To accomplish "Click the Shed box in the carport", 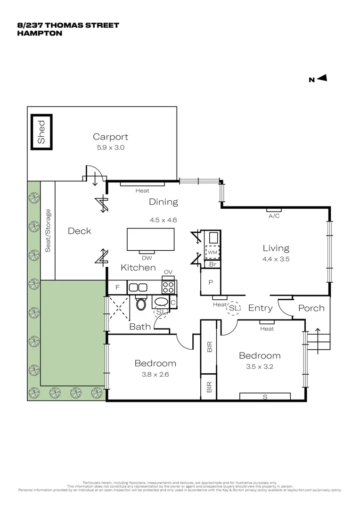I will coord(41,132).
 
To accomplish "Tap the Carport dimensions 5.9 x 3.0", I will coord(110,148).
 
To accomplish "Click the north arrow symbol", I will coord(322,79).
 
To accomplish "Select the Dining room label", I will coord(164,202).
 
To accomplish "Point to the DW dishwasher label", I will coord(146,258).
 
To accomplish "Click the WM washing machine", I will coord(212,252).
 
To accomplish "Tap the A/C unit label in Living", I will coord(274,216).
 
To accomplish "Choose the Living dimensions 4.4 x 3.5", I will coord(276,259).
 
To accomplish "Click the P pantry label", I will coord(211,283).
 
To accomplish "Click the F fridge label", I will coord(118,287).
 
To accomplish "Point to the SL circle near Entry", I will coord(233,308).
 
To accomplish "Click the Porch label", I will coord(311,308).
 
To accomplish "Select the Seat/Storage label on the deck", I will coord(48,230).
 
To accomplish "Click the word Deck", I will coord(79,231).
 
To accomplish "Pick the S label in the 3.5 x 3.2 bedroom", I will coord(265,397).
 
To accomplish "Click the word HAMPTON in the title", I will coord(40,33).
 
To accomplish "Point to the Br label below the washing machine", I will coord(212,265).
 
